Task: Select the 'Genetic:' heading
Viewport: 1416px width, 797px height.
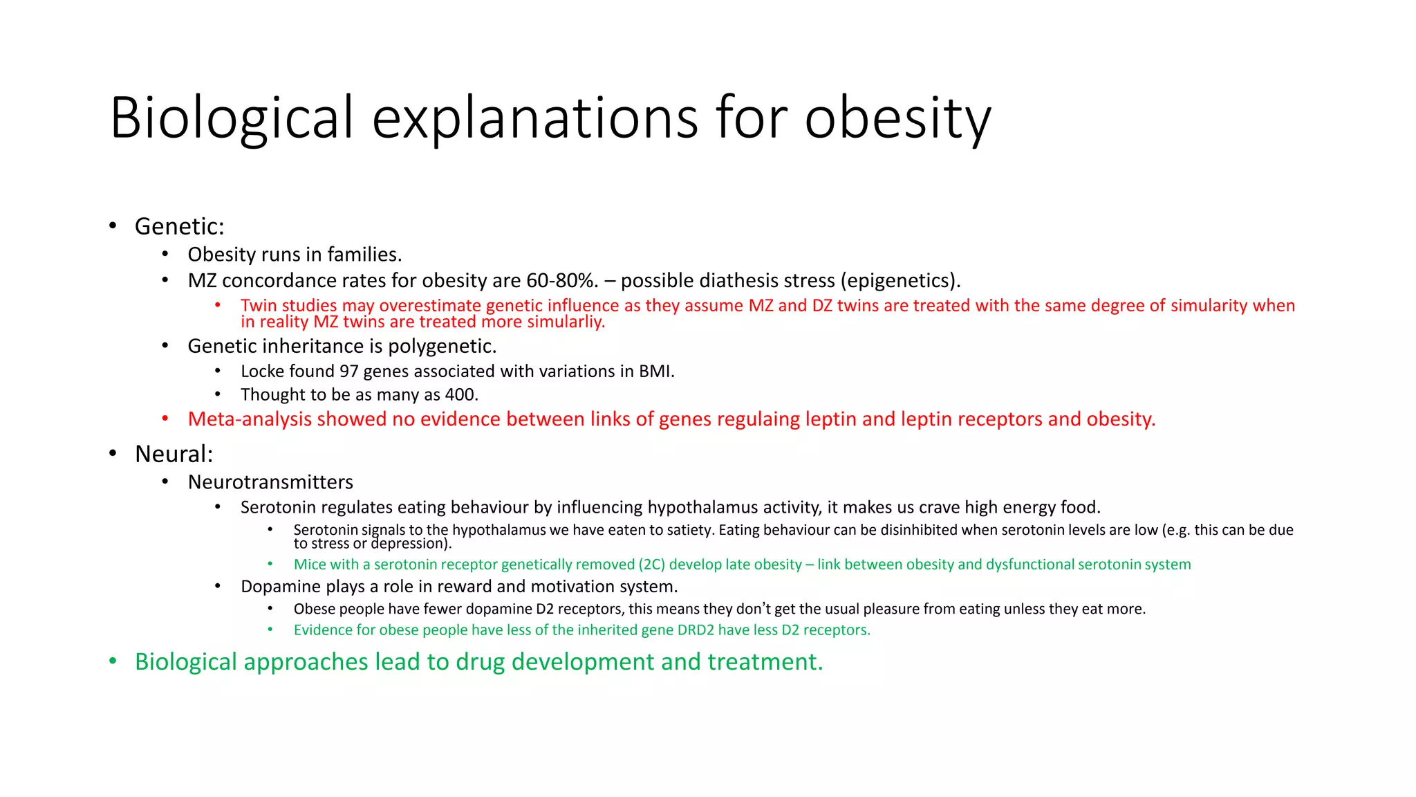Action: pyautogui.click(x=179, y=227)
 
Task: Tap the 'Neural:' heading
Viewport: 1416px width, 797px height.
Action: pyautogui.click(x=174, y=455)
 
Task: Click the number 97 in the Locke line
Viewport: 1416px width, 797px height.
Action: pyautogui.click(x=348, y=372)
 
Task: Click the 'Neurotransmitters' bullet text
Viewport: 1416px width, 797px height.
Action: pyautogui.click(x=270, y=482)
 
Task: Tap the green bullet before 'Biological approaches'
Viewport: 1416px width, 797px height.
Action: pyautogui.click(x=113, y=661)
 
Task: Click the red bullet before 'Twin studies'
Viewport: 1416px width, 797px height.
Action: pyautogui.click(x=218, y=304)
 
